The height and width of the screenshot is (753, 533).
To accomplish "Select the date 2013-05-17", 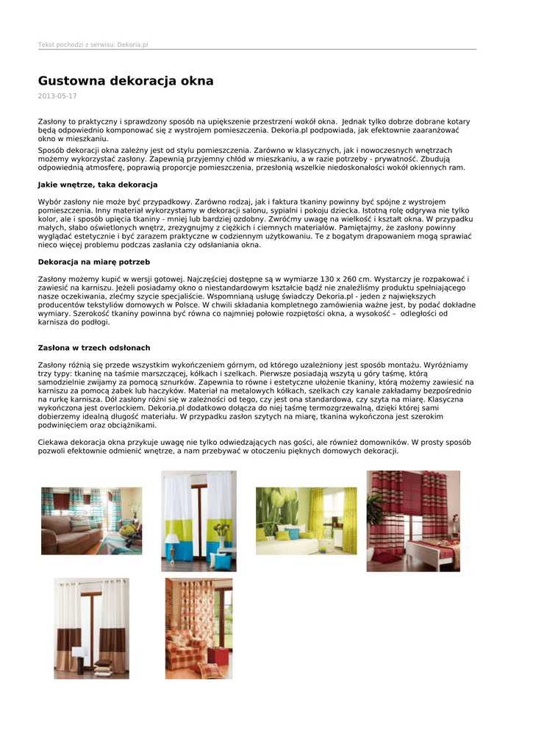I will pos(57,96).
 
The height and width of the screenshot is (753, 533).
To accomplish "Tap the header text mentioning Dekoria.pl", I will pos(93,45).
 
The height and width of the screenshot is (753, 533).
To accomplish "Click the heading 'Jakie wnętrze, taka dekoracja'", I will pos(98,185).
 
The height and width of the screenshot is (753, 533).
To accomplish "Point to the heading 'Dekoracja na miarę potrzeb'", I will pos(94,262).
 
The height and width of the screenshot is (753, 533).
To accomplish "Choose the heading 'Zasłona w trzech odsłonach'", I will pos(94,347).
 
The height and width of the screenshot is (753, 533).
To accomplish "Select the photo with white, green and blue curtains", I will pos(198,521).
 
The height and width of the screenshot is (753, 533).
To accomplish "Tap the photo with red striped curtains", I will pos(413,521).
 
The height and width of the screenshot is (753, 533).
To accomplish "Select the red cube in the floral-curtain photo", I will pos(218,655).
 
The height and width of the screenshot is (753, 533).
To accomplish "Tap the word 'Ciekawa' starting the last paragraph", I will pos(54,442).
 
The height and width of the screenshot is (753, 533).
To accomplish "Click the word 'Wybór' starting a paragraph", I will pos(51,201).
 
